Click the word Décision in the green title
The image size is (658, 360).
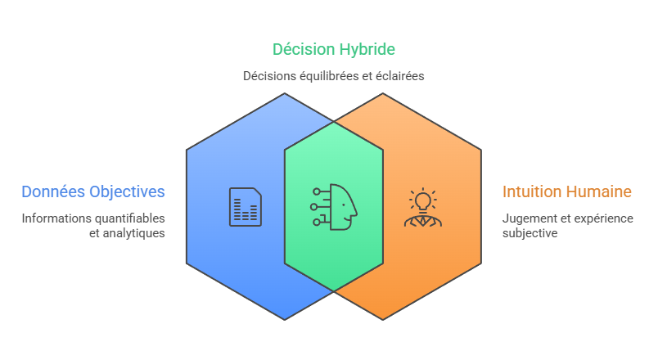[x=304, y=49]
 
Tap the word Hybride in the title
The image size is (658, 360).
[x=367, y=50]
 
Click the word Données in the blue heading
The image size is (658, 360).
[x=53, y=191]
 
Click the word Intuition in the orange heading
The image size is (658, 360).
[x=529, y=191]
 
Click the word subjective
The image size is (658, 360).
[x=530, y=233]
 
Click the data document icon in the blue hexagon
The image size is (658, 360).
[x=246, y=207]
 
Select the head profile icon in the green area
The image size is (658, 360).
[x=334, y=207]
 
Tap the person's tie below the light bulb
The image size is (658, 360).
[x=423, y=221]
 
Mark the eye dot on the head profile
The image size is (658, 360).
[x=344, y=205]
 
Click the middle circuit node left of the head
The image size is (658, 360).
[x=313, y=207]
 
